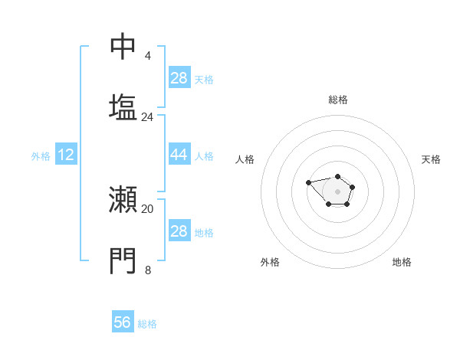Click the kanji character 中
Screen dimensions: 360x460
[123, 47]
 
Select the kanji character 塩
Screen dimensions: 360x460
[123, 106]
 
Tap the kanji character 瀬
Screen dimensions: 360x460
[123, 200]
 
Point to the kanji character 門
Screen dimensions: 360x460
[123, 260]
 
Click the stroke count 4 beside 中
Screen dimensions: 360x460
[147, 56]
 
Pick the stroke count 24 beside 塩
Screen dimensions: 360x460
[147, 117]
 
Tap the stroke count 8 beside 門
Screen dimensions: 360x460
[147, 270]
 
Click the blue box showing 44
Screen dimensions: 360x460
[179, 155]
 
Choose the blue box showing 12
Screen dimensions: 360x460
[65, 155]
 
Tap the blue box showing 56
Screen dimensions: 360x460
[123, 322]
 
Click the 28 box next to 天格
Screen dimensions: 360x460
[179, 78]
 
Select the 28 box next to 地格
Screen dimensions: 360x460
[179, 231]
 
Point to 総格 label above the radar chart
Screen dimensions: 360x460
[338, 100]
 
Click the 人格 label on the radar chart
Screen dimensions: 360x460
[245, 159]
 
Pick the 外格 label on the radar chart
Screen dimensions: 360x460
[270, 262]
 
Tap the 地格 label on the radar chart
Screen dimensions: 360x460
[402, 262]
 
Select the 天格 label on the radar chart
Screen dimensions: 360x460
[431, 159]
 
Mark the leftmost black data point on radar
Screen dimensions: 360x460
[308, 182]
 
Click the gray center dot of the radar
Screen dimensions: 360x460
[337, 191]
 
